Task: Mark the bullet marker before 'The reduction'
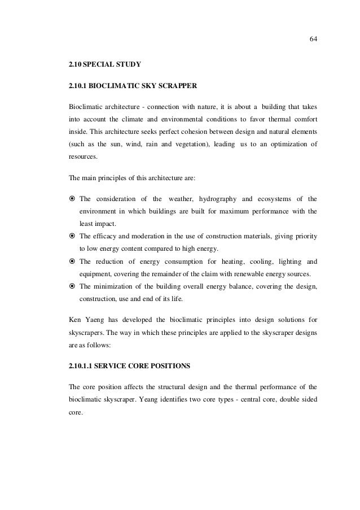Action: click(72, 261)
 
